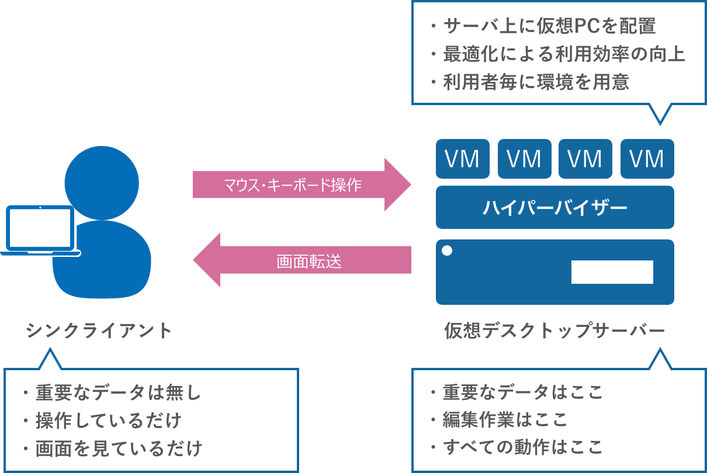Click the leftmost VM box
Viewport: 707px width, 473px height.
point(462,159)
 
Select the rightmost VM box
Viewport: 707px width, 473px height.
point(647,159)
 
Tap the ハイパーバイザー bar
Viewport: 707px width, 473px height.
point(554,207)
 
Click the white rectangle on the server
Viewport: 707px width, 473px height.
point(612,272)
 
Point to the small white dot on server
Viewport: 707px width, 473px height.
point(447,251)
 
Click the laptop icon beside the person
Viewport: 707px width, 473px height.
point(40,231)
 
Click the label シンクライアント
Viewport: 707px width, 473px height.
point(99,331)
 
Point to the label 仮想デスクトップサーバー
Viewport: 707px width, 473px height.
point(554,331)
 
